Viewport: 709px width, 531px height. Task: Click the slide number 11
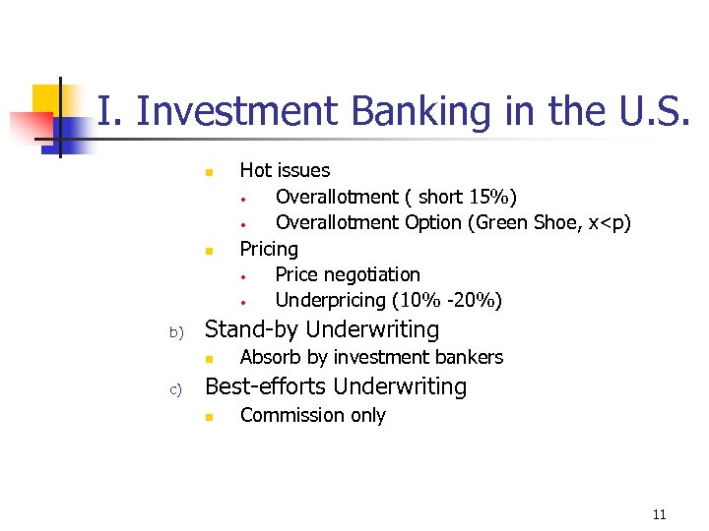[x=659, y=514]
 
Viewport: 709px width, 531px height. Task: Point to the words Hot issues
[x=285, y=170]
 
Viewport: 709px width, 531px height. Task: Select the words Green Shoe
[x=529, y=222]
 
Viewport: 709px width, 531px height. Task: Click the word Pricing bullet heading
[x=269, y=249]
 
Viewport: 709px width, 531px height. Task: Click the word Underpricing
[x=330, y=300]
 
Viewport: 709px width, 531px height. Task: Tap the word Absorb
[x=269, y=357]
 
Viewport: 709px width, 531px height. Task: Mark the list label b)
[x=177, y=332]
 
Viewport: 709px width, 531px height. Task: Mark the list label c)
[x=177, y=389]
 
